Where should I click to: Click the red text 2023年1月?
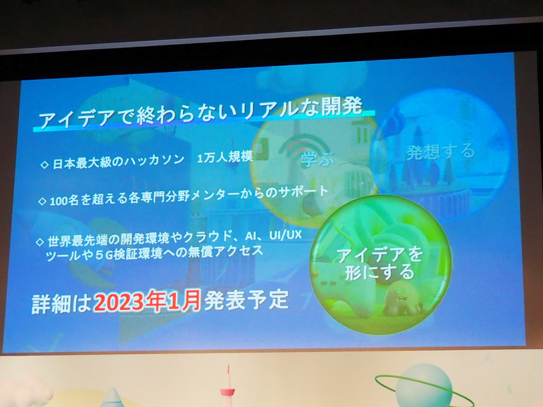tap(147, 298)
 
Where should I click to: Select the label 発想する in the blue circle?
tap(441, 151)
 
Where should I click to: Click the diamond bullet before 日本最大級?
tap(45, 165)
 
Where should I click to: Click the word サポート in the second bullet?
tap(299, 192)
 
